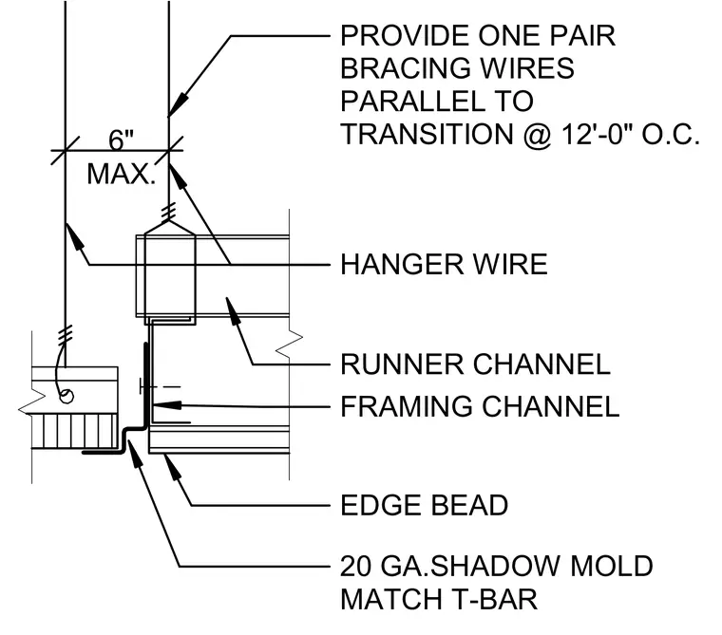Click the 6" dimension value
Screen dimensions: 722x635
coord(121,140)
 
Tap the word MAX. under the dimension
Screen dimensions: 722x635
coord(122,175)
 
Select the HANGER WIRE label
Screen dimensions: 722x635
coord(444,265)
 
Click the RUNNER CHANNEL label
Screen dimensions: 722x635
coord(475,364)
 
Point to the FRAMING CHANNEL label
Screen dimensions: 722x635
coord(480,407)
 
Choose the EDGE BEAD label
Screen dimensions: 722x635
coord(424,505)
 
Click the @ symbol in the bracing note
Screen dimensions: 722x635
coord(537,135)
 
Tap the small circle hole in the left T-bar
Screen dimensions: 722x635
coord(66,397)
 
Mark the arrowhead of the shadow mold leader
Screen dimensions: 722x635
coord(134,454)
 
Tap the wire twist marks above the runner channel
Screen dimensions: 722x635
coord(169,212)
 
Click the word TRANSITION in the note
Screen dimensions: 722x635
coord(427,135)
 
